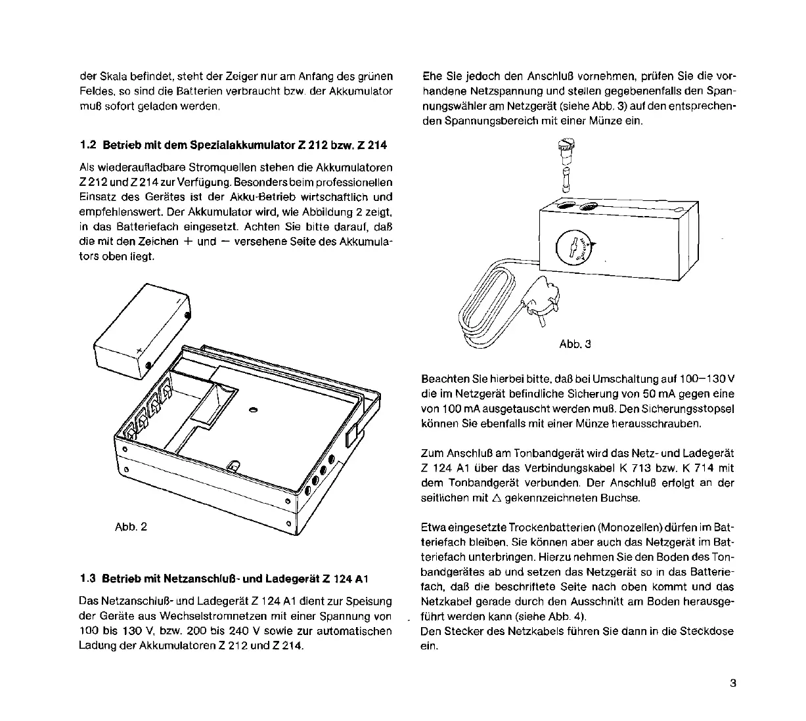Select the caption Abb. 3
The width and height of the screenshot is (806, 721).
575,343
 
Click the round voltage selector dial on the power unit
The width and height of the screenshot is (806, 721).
574,248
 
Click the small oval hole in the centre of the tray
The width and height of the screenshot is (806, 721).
254,410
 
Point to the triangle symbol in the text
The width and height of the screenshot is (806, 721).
496,498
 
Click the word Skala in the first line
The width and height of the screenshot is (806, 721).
107,76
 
